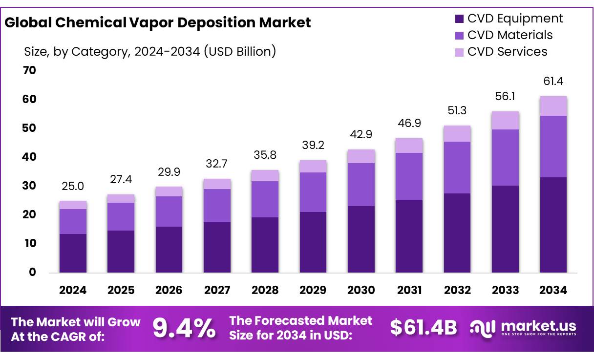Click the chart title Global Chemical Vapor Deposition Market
[x=158, y=22]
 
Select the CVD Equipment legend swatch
[x=459, y=19]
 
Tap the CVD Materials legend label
[x=510, y=35]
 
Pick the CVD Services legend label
[x=507, y=52]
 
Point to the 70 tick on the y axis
[x=30, y=70]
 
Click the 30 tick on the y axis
[x=30, y=186]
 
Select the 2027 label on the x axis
[x=217, y=290]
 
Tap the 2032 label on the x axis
[x=457, y=290]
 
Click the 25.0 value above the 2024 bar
[x=73, y=186]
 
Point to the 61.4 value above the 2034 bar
[x=553, y=82]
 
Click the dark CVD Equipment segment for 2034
[x=553, y=225]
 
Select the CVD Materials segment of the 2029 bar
[x=313, y=192]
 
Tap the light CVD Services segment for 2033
[x=505, y=120]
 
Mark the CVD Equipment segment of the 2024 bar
[x=73, y=253]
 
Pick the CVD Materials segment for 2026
[x=169, y=211]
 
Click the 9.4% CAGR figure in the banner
[x=184, y=328]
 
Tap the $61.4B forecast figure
[x=423, y=328]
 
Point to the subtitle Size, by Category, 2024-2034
[x=150, y=51]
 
